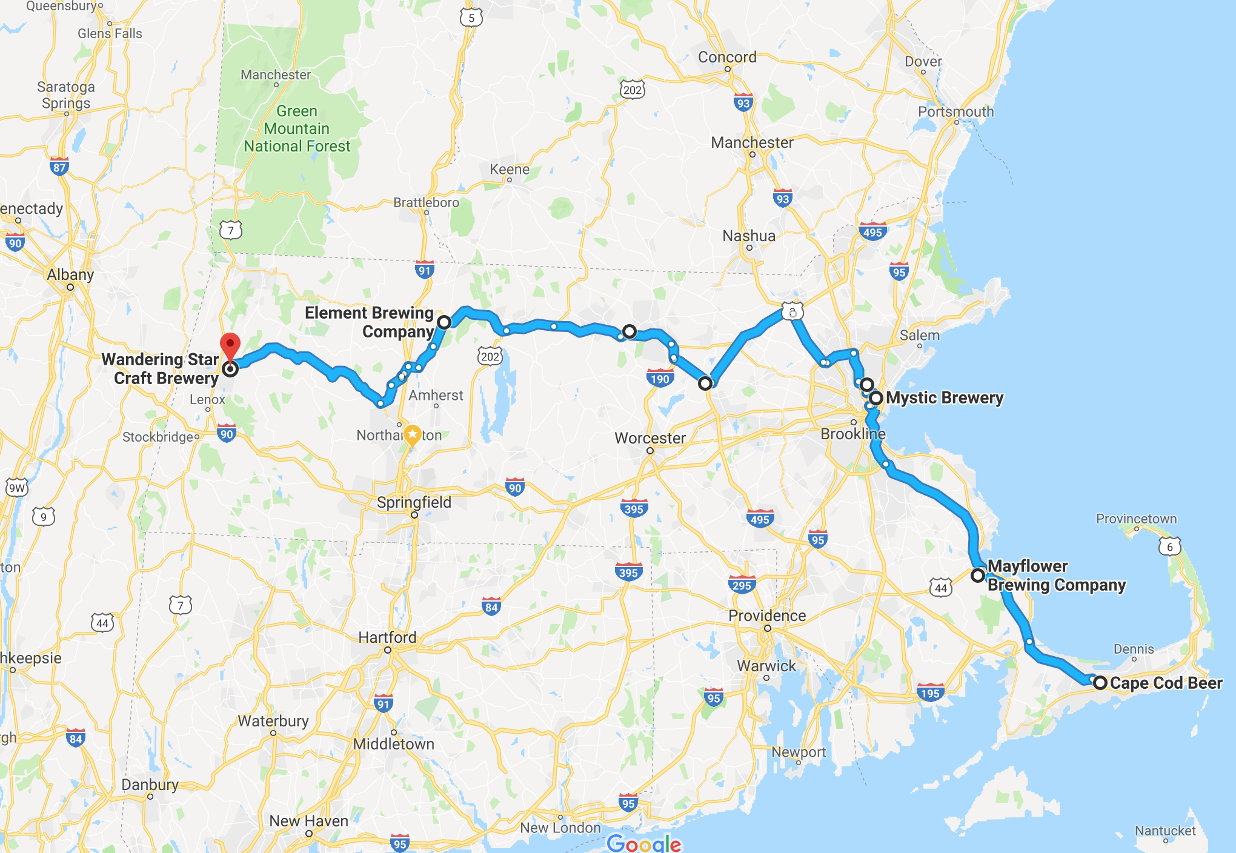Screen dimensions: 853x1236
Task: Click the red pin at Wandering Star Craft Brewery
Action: tap(230, 345)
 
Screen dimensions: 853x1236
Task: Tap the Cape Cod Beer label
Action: tap(1166, 683)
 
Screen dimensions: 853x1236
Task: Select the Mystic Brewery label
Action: tap(944, 398)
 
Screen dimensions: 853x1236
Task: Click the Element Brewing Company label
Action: tap(369, 322)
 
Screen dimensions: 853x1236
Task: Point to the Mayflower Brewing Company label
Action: tap(1056, 576)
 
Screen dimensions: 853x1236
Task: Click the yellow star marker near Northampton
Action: tap(412, 434)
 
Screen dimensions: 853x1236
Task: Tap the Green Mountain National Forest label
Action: tap(297, 128)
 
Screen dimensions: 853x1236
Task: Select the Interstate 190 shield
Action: tap(660, 379)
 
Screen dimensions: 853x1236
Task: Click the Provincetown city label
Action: tap(1136, 519)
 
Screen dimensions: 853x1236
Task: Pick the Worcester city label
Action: tap(650, 437)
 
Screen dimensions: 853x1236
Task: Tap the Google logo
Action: tap(644, 843)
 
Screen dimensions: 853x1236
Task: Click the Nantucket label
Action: tap(1165, 831)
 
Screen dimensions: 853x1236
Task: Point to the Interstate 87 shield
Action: tap(59, 167)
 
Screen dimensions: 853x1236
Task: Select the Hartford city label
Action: tap(387, 637)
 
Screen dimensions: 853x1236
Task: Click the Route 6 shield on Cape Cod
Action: tap(1169, 546)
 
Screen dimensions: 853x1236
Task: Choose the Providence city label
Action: tap(767, 616)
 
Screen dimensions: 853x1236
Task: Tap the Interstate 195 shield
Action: tap(930, 693)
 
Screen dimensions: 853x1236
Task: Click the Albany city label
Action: tap(70, 274)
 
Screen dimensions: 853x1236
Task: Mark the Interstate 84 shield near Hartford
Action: tap(491, 607)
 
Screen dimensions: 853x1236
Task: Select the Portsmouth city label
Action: tap(955, 111)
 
